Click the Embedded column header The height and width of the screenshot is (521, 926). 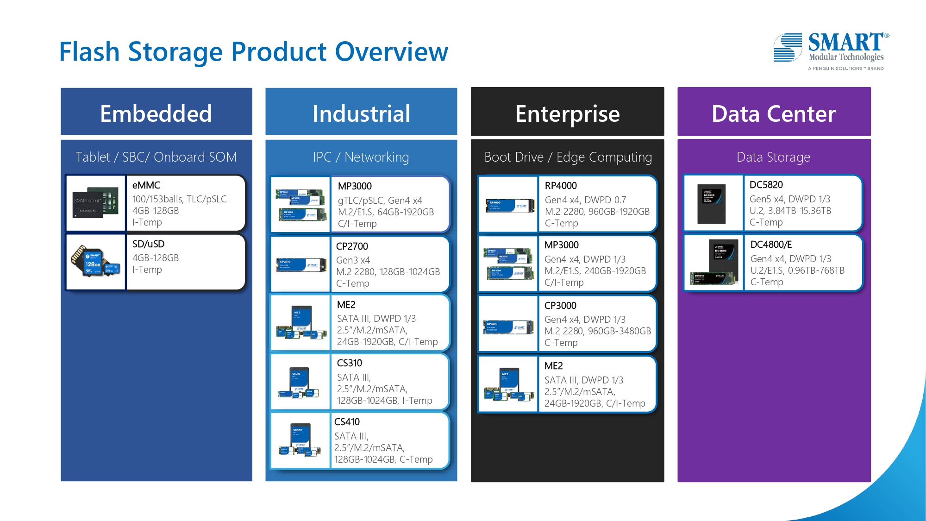[156, 113]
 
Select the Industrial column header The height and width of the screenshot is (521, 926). [361, 113]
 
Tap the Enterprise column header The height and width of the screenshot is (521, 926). [567, 113]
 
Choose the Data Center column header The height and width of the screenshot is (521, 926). [774, 113]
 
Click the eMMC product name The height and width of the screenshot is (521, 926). [146, 185]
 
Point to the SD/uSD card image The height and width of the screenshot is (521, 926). [96, 262]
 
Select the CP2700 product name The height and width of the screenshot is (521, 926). [352, 246]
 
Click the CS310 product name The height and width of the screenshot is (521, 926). [350, 363]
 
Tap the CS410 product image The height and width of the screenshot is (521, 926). [300, 440]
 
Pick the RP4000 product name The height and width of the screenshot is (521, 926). [561, 186]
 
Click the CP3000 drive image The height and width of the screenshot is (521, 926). [508, 327]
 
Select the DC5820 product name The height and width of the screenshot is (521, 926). [766, 185]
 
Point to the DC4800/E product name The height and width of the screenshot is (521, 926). [771, 245]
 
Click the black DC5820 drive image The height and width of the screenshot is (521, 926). [712, 203]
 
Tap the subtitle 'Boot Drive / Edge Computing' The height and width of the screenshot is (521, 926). [568, 157]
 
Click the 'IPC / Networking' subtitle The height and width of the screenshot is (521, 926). [361, 157]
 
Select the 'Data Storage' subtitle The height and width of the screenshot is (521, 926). [773, 157]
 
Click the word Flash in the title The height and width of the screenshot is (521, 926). [89, 51]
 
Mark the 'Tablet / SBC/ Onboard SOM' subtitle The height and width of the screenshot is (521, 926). [156, 157]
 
